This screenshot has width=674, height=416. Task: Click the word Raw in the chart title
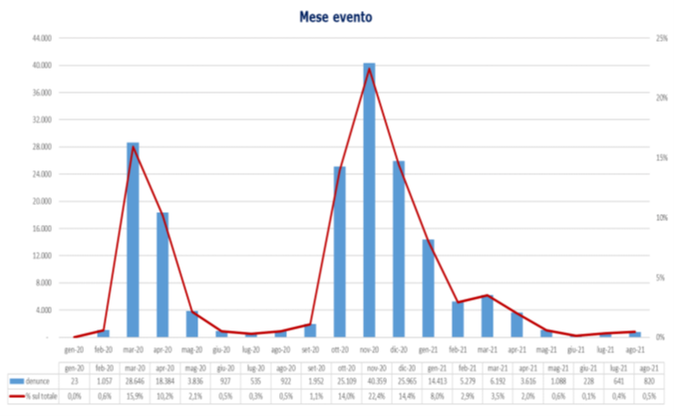coord(314,17)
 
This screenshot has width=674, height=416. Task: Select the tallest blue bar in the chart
coord(369,199)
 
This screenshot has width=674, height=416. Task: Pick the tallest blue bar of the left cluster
coord(133,239)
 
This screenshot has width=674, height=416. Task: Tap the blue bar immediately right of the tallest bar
coord(399,249)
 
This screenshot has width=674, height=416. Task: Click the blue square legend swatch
coord(17,381)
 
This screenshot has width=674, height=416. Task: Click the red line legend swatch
coord(17,395)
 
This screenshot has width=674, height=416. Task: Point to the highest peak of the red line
coord(369,70)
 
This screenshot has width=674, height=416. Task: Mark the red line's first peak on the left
coord(133,148)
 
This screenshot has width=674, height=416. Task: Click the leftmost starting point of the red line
coord(75,336)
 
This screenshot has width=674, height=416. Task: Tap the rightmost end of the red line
coord(635,331)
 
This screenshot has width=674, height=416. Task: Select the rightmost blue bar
coord(635,334)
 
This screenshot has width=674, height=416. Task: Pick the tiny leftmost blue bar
coord(104,333)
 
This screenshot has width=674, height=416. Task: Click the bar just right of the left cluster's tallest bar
coord(163,274)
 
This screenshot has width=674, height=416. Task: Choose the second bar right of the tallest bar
coord(429,288)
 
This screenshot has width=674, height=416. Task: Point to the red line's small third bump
coord(488,295)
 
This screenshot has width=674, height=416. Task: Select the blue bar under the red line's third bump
coord(488,316)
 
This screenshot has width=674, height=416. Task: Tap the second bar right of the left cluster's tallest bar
coord(191,323)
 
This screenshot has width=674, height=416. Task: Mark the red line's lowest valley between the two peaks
coord(250,333)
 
